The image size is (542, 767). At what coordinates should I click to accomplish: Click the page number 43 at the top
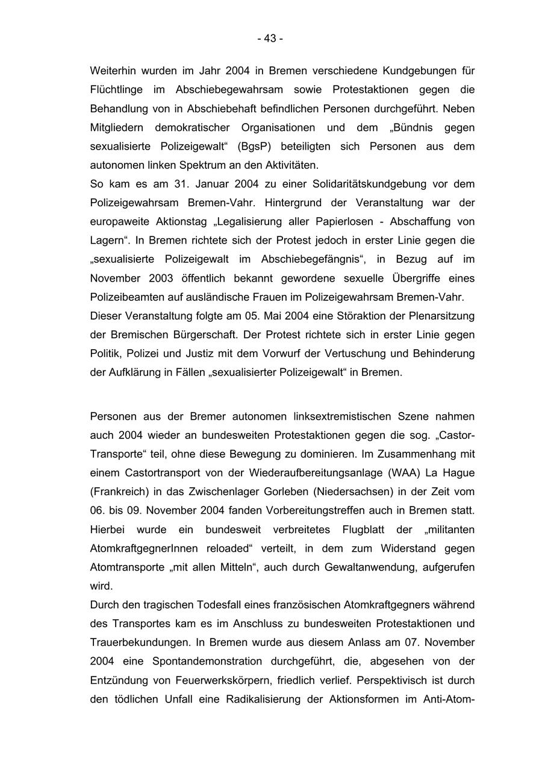pyautogui.click(x=270, y=39)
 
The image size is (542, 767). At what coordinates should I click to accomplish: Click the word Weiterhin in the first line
pyautogui.click(x=113, y=71)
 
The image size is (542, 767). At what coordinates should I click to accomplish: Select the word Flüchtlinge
pyautogui.click(x=116, y=90)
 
